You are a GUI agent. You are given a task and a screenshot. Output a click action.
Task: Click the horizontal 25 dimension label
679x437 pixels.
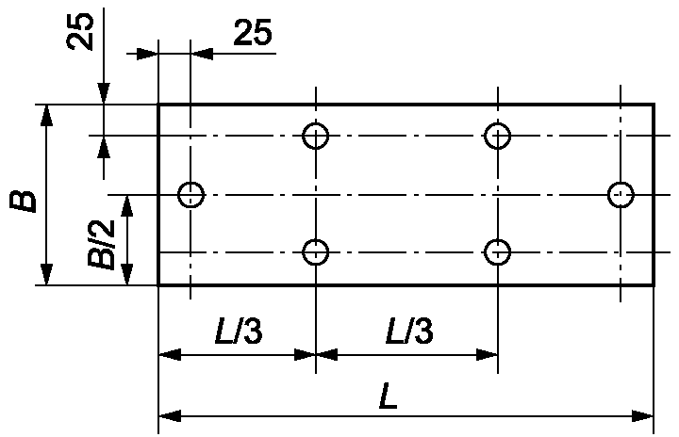[x=253, y=32]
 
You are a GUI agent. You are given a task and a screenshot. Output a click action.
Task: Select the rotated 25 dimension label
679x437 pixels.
[x=80, y=32]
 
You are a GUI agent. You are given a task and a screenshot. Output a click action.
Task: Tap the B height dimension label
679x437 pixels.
[x=23, y=202]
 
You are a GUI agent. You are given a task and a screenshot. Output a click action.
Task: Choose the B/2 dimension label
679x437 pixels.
[x=102, y=245]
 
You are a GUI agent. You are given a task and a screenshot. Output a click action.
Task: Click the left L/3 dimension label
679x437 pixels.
[x=239, y=331]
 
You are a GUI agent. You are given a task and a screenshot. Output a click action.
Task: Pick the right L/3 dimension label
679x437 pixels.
[x=409, y=331]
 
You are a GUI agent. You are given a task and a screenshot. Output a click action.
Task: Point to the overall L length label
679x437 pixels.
[x=389, y=396]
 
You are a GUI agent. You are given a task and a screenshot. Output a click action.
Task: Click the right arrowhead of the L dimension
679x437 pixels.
[x=642, y=416]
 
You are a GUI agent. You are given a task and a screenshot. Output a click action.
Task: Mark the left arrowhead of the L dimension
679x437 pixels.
[x=170, y=416]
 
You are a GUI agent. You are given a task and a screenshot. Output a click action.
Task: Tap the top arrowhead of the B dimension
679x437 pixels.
[x=46, y=115]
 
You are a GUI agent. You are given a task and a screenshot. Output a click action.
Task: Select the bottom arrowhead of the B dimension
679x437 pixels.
[x=46, y=274]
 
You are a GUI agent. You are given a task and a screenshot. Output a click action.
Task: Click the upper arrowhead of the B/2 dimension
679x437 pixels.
[x=127, y=206]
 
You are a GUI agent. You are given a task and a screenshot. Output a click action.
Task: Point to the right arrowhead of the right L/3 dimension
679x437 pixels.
[x=487, y=355]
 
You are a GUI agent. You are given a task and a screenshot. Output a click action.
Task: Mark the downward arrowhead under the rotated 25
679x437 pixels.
[x=104, y=93]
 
